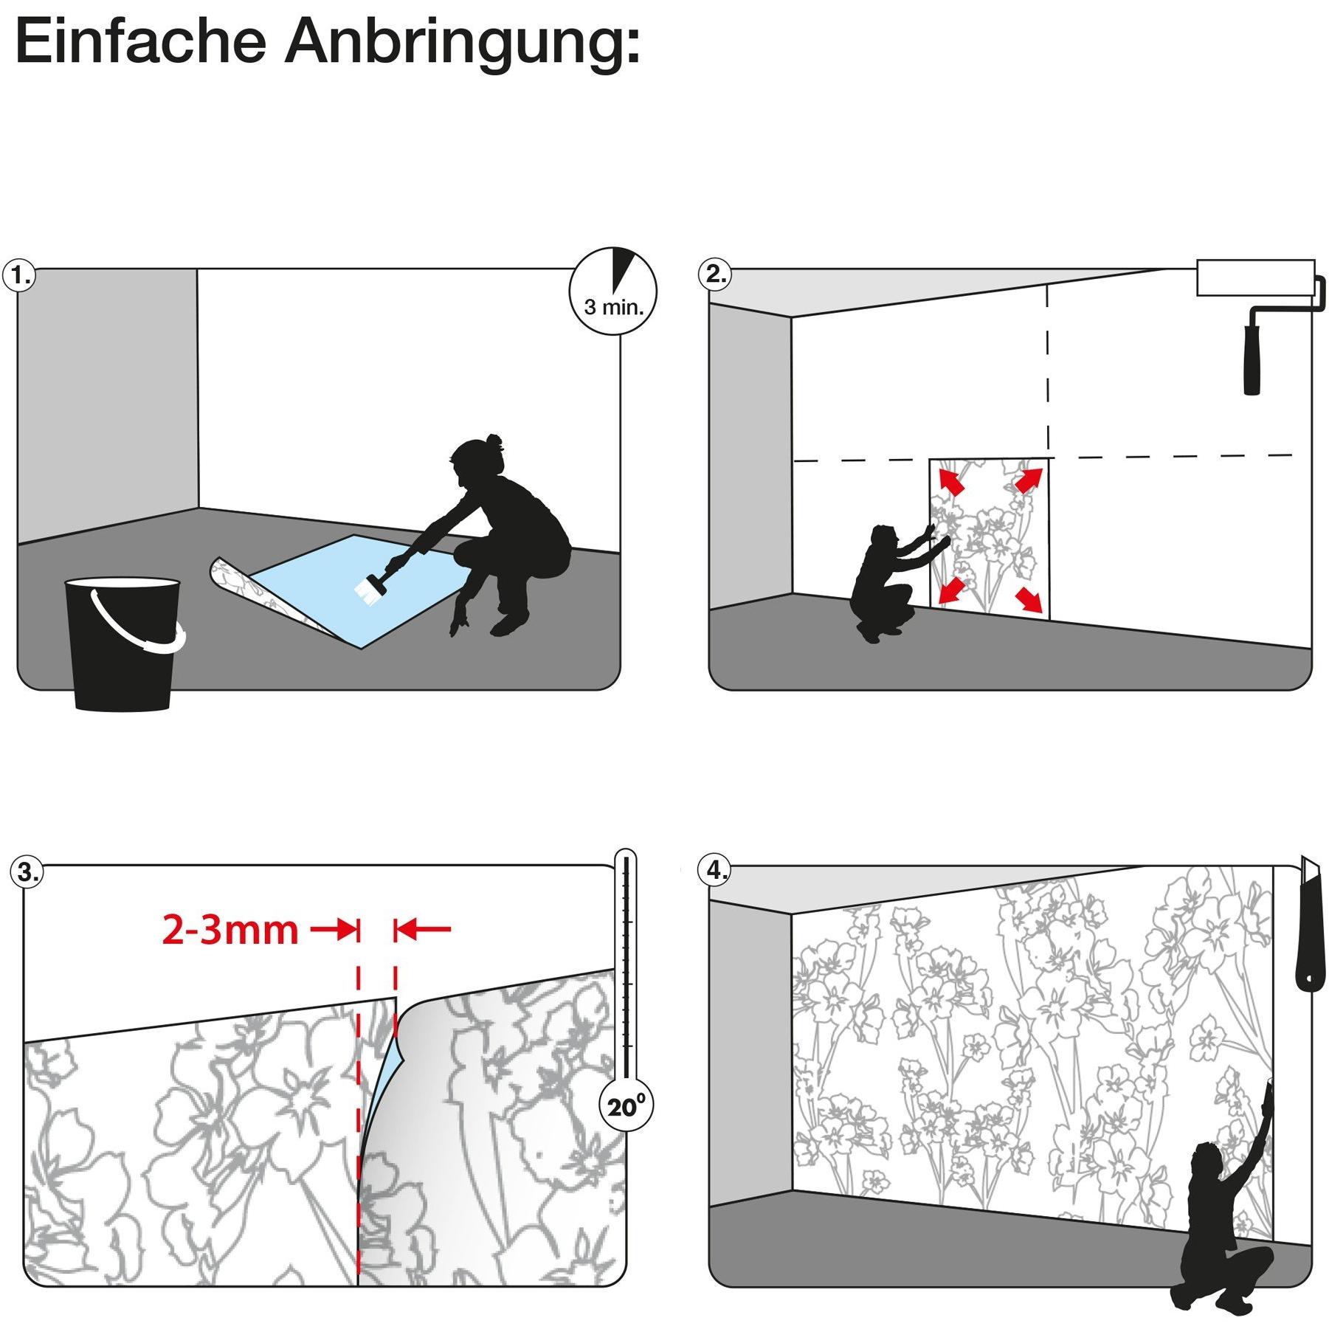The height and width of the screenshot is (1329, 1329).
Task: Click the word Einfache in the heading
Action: click(x=140, y=42)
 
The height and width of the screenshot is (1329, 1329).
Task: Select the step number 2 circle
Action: click(x=714, y=275)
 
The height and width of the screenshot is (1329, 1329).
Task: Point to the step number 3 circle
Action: click(x=27, y=873)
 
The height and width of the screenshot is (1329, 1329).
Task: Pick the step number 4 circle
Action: click(x=714, y=871)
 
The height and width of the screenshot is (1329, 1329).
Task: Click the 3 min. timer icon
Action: click(x=613, y=291)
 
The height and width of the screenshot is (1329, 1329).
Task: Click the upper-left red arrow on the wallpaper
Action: click(x=950, y=479)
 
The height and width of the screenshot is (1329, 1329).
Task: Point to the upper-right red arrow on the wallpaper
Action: click(x=1029, y=479)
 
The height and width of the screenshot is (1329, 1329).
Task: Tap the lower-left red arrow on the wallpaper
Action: click(x=950, y=591)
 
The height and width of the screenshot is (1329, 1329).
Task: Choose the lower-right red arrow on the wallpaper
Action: click(x=1029, y=600)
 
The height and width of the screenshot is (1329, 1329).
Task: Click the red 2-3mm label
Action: click(x=230, y=930)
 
